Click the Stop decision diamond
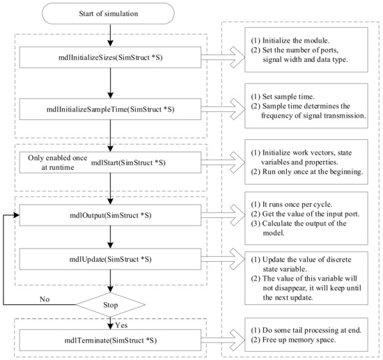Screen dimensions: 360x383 (x=111, y=304)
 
